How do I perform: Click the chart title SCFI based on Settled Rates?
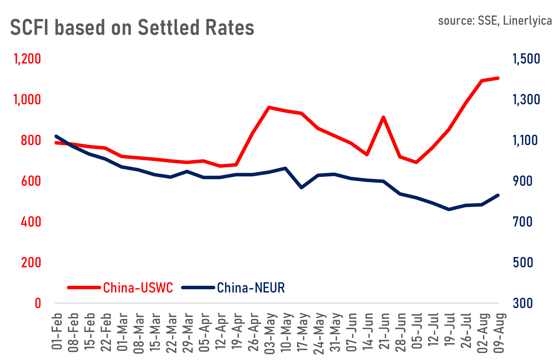[x=132, y=28]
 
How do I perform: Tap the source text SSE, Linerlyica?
[x=494, y=21]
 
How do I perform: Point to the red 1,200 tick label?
[x=27, y=59]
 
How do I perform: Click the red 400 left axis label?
[x=31, y=222]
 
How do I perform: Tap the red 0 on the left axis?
[x=38, y=303]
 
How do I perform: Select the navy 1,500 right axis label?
[x=526, y=59]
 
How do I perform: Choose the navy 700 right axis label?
[x=523, y=222]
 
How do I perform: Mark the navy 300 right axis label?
[x=523, y=303]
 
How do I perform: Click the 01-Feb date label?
[x=57, y=331]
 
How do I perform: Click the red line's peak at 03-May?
[x=269, y=107]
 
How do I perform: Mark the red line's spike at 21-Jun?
[x=384, y=117]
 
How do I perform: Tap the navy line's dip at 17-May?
[x=301, y=188]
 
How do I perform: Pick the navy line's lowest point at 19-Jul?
[x=449, y=209]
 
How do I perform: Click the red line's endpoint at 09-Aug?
[x=498, y=78]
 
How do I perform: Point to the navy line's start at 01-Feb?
[x=56, y=136]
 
